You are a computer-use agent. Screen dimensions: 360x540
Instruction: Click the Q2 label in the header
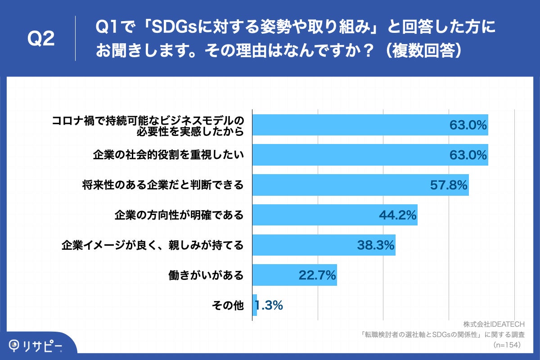tap(41, 39)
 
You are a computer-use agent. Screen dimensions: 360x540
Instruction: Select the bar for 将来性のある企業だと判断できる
tap(360, 185)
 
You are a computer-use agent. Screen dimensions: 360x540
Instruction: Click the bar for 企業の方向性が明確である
tap(334, 215)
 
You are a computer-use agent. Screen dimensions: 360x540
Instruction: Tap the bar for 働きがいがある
tap(294, 275)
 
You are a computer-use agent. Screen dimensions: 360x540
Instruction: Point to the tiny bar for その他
tap(255, 306)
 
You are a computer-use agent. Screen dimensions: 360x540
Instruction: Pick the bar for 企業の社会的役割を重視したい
tap(370, 155)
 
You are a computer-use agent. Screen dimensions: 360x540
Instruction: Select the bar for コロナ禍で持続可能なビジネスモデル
tap(370, 125)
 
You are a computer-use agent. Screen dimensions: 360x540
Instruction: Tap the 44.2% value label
tap(398, 215)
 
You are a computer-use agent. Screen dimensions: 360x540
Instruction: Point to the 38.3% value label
tap(376, 245)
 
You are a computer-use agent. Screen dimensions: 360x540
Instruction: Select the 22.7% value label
tap(317, 275)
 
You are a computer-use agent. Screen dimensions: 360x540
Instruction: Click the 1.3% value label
tap(269, 306)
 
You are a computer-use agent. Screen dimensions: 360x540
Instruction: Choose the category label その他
tap(228, 306)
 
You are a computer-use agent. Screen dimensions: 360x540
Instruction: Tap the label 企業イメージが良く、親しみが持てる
tap(153, 245)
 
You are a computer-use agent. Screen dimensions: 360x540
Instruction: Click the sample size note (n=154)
tap(507, 345)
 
